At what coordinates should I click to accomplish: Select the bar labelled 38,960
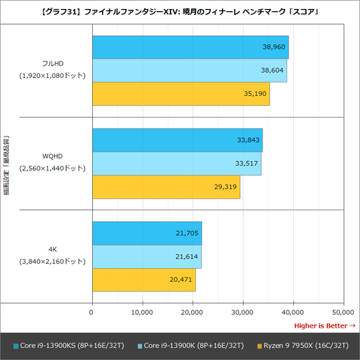tap(190, 46)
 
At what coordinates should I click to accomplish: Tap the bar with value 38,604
tap(189, 70)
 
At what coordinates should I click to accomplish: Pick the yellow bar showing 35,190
tap(180, 93)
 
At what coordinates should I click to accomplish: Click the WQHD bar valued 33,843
tap(177, 139)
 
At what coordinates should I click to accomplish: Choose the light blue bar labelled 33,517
tap(176, 163)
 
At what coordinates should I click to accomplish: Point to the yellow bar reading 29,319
tap(166, 186)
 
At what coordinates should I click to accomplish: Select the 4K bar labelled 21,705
tap(146, 232)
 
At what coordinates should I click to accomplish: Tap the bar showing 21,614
tap(146, 256)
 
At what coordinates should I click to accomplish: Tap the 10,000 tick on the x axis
tap(142, 311)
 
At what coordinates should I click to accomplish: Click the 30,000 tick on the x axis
tap(242, 311)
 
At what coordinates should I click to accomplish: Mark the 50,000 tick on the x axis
tap(343, 311)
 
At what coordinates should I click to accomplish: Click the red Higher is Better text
tap(324, 325)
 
